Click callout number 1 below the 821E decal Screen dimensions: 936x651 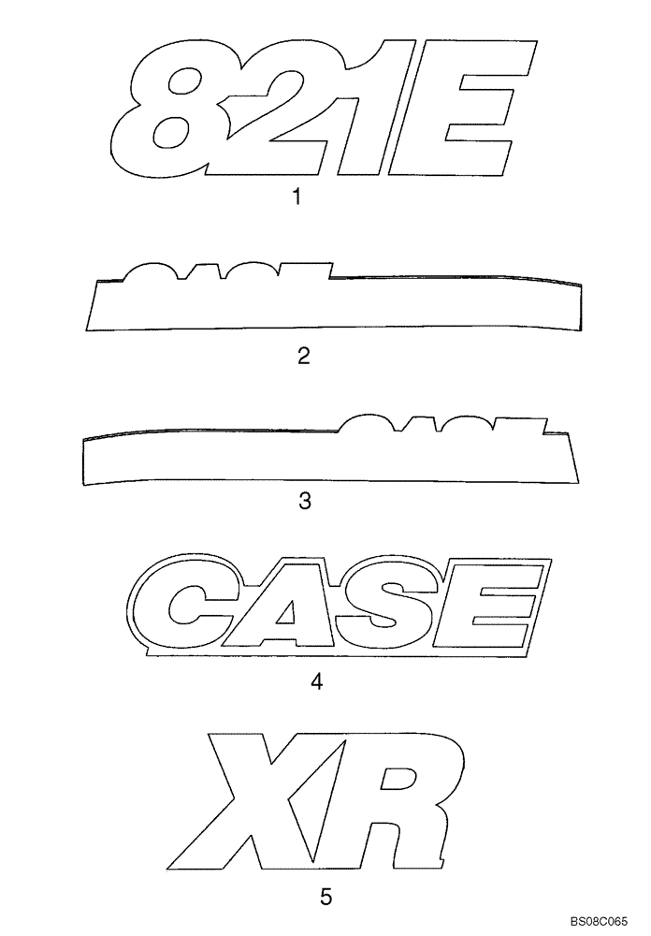pyautogui.click(x=297, y=198)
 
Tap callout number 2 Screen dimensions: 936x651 pyautogui.click(x=303, y=357)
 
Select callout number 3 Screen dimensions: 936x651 pyautogui.click(x=303, y=502)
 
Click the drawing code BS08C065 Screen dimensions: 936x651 pyautogui.click(x=601, y=923)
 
